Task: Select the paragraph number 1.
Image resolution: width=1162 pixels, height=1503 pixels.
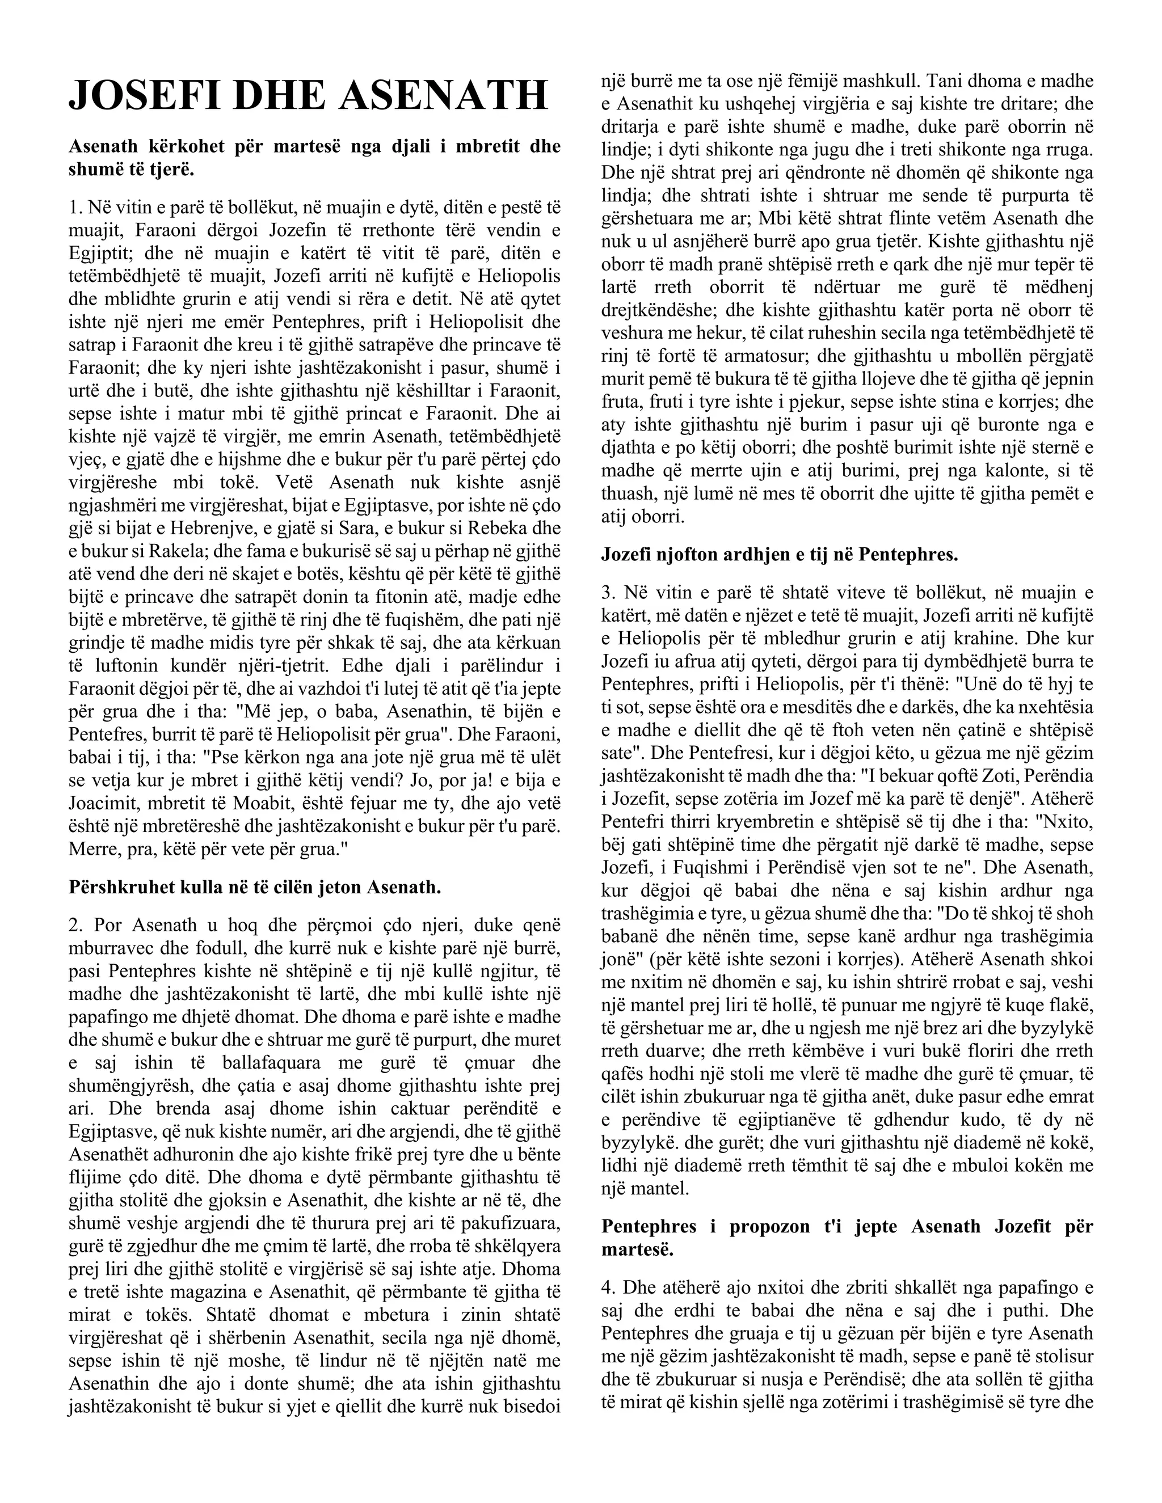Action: pos(74,206)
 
